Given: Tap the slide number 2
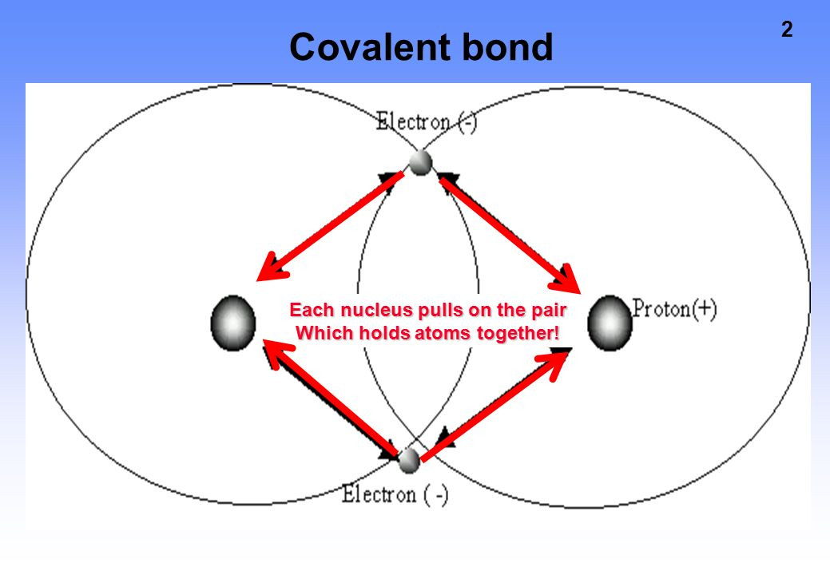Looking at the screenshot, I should (x=787, y=30).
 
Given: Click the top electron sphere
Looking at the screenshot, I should (x=420, y=162).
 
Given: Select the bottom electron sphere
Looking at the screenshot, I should (x=409, y=460).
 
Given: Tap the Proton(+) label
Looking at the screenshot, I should (x=674, y=309).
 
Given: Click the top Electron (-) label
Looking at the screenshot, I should (x=427, y=123).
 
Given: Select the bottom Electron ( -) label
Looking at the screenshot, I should (x=395, y=494).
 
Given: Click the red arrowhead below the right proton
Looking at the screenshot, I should (x=557, y=360).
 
